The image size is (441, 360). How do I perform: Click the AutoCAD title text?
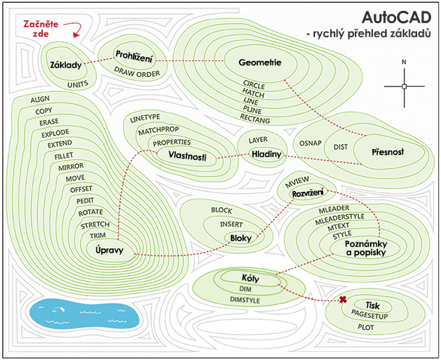(393, 17)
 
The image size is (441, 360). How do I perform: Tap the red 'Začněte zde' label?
(35, 28)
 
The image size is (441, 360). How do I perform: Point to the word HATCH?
(254, 94)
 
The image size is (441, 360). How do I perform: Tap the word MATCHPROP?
(159, 130)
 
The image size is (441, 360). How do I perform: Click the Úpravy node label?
(111, 250)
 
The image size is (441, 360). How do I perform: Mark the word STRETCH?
(95, 225)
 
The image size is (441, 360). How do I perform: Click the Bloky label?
(240, 238)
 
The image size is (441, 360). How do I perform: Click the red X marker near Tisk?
(343, 299)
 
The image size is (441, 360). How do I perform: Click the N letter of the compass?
(404, 62)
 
